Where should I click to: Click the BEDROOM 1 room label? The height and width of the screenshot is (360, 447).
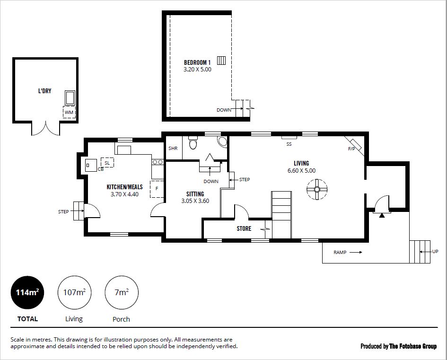click(x=197, y=62)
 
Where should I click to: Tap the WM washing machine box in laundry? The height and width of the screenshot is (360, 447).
click(x=69, y=112)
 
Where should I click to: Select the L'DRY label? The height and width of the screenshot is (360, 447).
click(x=45, y=91)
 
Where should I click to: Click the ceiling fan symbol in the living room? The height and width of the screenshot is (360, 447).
click(x=317, y=190)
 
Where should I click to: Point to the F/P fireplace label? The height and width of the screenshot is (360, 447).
click(x=351, y=149)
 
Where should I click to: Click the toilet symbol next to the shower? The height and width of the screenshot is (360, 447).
click(x=193, y=143)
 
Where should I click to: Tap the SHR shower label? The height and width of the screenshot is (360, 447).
click(x=173, y=148)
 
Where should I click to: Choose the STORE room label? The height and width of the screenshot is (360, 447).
click(x=244, y=228)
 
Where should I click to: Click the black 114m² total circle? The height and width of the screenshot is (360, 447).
click(x=27, y=292)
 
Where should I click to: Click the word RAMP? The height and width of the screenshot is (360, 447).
click(x=340, y=252)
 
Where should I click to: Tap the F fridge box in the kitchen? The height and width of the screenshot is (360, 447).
click(x=157, y=189)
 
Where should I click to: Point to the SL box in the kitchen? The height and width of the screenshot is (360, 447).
click(x=107, y=162)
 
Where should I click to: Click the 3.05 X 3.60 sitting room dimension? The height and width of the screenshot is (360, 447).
click(x=195, y=201)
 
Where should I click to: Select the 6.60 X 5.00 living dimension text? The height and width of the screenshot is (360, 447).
click(x=302, y=171)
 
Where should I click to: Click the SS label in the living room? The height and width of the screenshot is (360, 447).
click(x=289, y=144)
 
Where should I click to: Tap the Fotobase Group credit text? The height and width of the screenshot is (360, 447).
click(x=413, y=346)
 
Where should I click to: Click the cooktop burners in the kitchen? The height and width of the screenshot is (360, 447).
click(x=158, y=162)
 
